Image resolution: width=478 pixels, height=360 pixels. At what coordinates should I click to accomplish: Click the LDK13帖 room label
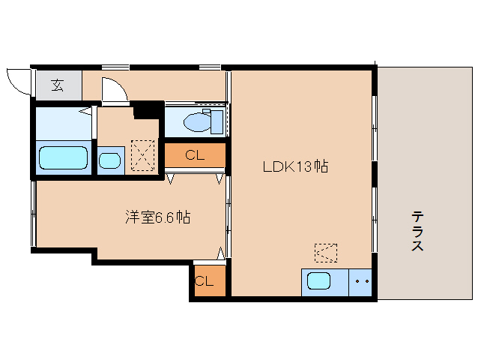pyautogui.click(x=295, y=167)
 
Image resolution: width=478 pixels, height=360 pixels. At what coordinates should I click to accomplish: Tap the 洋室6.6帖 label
pyautogui.click(x=158, y=217)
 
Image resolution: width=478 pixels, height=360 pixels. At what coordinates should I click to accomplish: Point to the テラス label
pyautogui.click(x=417, y=231)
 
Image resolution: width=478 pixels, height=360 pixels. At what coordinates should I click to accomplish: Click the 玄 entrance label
pyautogui.click(x=57, y=85)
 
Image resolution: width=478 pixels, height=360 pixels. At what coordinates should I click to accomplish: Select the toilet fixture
pyautogui.click(x=203, y=121)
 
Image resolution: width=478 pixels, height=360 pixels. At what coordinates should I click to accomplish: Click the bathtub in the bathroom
pyautogui.click(x=64, y=157)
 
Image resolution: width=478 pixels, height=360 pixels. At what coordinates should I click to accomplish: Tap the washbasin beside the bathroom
pyautogui.click(x=109, y=160)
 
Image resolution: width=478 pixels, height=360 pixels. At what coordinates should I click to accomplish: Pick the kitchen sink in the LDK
pyautogui.click(x=318, y=280)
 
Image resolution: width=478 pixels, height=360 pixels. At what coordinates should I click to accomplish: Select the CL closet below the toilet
pyautogui.click(x=195, y=155)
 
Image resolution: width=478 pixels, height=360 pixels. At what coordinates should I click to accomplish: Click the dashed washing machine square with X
pyautogui.click(x=142, y=155)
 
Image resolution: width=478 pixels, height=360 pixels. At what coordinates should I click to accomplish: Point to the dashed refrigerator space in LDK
pyautogui.click(x=326, y=253)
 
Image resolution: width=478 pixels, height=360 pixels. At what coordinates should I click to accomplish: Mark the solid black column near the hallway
pyautogui.click(x=148, y=109)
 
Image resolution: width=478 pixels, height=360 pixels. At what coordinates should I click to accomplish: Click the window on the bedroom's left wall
pyautogui.click(x=34, y=214)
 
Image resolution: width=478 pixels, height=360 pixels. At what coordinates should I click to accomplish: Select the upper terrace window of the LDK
pyautogui.click(x=375, y=129)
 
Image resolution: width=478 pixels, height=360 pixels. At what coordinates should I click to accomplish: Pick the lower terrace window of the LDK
pyautogui.click(x=375, y=220)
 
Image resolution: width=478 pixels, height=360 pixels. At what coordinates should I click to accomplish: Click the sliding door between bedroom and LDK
pyautogui.click(x=229, y=214)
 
